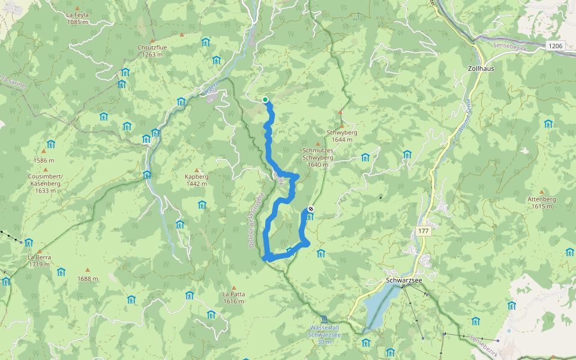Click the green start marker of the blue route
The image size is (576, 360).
click(265, 100)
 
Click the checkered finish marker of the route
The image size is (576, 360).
click(310, 209)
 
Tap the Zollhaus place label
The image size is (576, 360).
click(481, 69)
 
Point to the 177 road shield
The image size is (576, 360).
click(424, 231)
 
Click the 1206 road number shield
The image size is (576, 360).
click(556, 46)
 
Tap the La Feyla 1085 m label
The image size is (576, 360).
click(77, 18)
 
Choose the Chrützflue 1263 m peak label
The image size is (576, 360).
click(152, 50)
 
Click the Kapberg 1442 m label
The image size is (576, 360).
click(197, 181)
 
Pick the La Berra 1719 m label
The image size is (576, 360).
click(39, 260)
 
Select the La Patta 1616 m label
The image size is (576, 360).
click(233, 298)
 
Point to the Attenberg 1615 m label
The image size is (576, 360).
click(541, 202)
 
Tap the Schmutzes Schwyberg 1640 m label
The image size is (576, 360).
click(318, 157)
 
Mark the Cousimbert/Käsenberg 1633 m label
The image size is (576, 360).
click(45, 183)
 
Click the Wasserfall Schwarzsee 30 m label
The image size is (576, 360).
click(325, 334)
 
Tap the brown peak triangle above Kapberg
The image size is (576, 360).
click(197, 170)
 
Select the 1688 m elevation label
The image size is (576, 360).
click(87, 278)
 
